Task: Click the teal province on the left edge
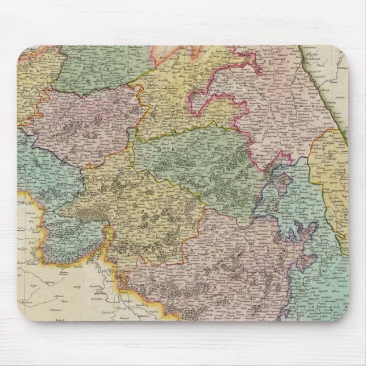[40, 165]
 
